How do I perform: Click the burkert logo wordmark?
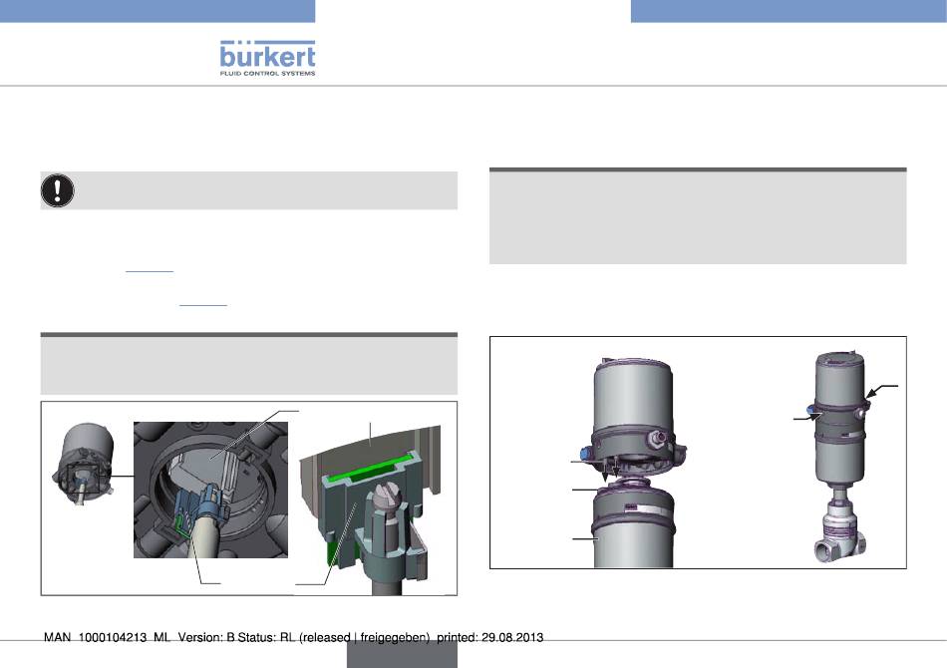[x=267, y=55]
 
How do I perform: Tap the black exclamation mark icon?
[x=58, y=190]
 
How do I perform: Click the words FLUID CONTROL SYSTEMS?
[x=267, y=73]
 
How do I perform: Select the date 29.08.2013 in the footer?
[x=512, y=637]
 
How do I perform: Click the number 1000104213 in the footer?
[x=113, y=637]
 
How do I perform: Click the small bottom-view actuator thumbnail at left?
[x=84, y=462]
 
